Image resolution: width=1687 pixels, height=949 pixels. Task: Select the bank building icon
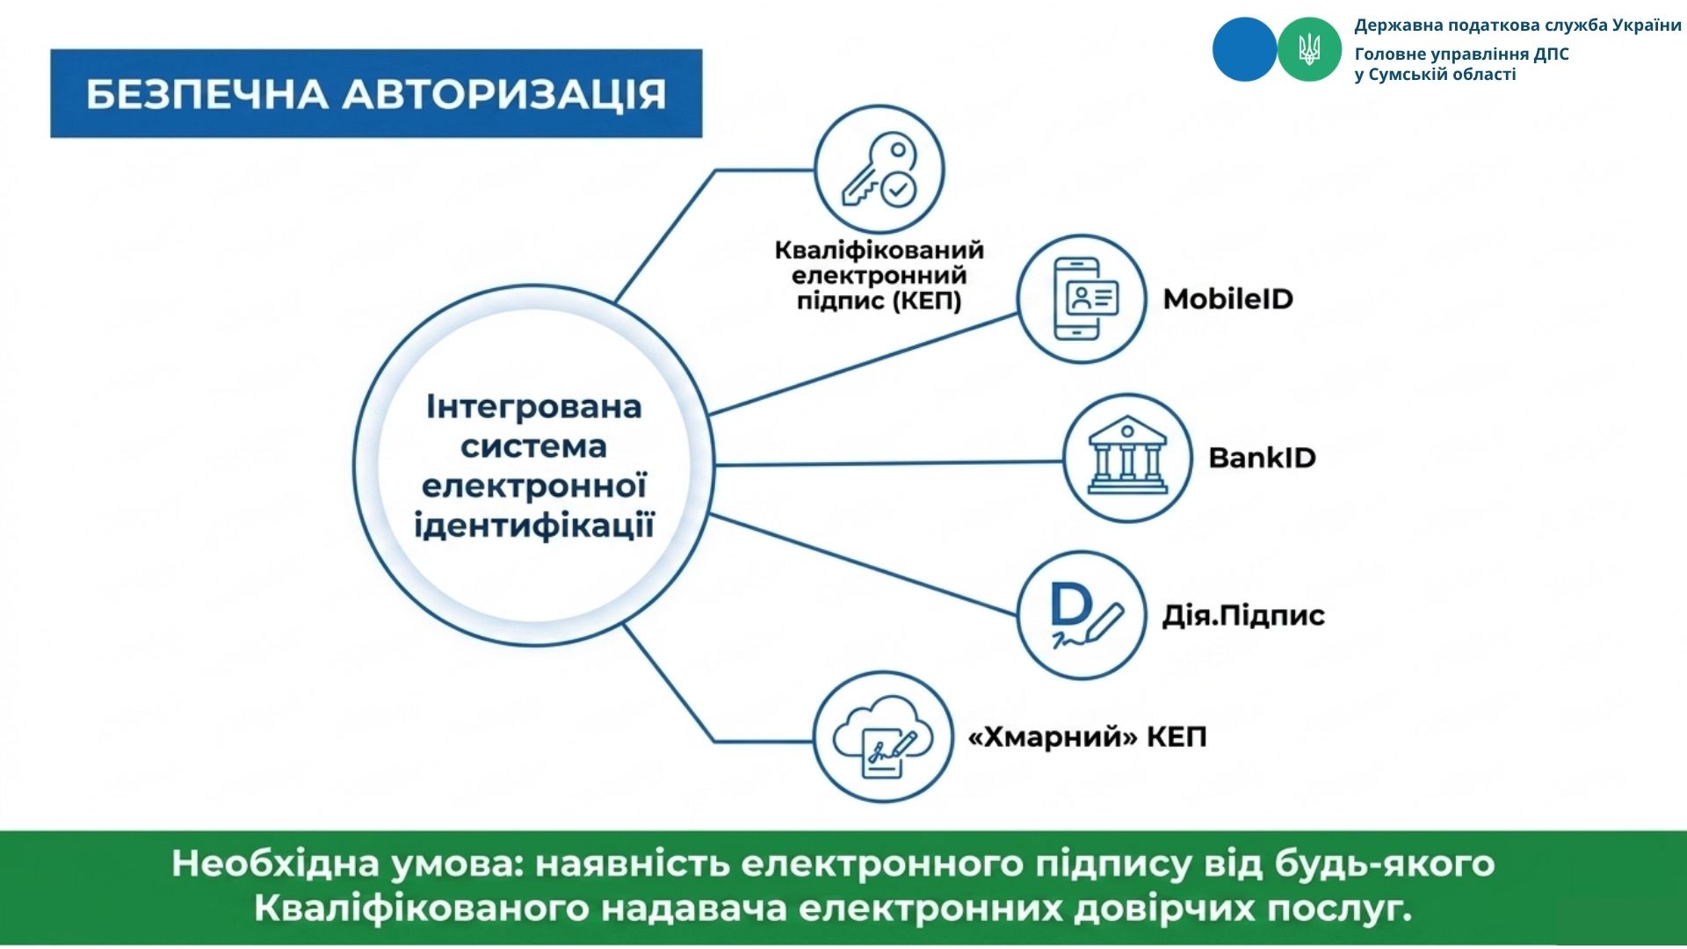click(x=1127, y=457)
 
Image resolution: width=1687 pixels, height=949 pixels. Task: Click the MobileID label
click(x=1228, y=299)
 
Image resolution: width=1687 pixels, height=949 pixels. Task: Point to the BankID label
click(x=1262, y=457)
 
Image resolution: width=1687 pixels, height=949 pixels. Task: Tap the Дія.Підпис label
click(x=1243, y=615)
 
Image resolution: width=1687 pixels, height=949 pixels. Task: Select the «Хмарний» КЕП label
click(x=1087, y=736)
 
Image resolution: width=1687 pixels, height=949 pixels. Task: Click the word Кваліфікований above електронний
click(x=879, y=250)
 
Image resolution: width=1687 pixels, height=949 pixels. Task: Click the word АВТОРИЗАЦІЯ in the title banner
click(x=504, y=93)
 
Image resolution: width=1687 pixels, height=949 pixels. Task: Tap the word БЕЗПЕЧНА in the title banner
click(x=207, y=94)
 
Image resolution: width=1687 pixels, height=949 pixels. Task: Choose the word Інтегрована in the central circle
click(x=534, y=407)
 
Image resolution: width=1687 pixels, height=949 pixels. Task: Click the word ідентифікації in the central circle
click(x=534, y=525)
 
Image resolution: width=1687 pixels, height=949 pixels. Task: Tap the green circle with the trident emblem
click(x=1309, y=50)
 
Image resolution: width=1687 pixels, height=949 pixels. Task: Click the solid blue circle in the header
click(x=1244, y=50)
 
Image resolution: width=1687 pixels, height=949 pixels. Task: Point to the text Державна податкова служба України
click(x=1517, y=25)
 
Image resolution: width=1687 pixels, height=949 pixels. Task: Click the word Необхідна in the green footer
click(x=276, y=863)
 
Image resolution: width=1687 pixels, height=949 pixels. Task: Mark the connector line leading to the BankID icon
click(x=888, y=462)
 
